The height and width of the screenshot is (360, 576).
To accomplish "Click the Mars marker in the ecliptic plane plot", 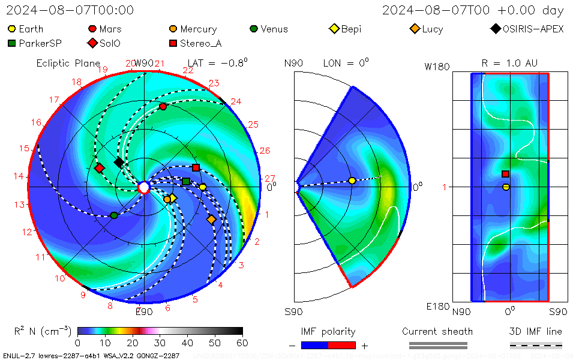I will (163, 106).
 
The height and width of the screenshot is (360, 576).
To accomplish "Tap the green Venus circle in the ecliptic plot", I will (114, 215).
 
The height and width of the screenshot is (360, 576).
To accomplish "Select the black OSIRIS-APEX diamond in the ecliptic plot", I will (119, 162).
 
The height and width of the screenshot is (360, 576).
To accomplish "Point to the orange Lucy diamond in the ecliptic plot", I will (211, 220).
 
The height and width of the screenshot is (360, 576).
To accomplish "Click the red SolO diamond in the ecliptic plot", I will (100, 168).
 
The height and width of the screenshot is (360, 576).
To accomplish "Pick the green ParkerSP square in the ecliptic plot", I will (186, 181).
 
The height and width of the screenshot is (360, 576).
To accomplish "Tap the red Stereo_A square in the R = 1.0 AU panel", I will (505, 174).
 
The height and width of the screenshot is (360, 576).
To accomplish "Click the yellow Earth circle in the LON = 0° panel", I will (352, 181).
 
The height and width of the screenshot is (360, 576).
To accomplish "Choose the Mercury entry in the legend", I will (198, 29).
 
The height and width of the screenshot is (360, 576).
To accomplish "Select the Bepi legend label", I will (351, 29).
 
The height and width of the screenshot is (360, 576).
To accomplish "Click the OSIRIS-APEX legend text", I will (533, 29).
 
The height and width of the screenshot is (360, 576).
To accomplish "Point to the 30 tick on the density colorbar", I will (160, 343).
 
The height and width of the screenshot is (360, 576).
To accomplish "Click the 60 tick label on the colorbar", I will (242, 343).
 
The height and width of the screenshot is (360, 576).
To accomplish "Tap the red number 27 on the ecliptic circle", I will (269, 178).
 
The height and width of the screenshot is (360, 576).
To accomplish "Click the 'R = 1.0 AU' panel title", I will (509, 63).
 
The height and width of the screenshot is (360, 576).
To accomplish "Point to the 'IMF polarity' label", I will (328, 332).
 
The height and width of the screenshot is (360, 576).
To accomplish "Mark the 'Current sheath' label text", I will (437, 332).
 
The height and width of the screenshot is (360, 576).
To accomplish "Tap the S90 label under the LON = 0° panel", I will (293, 312).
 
